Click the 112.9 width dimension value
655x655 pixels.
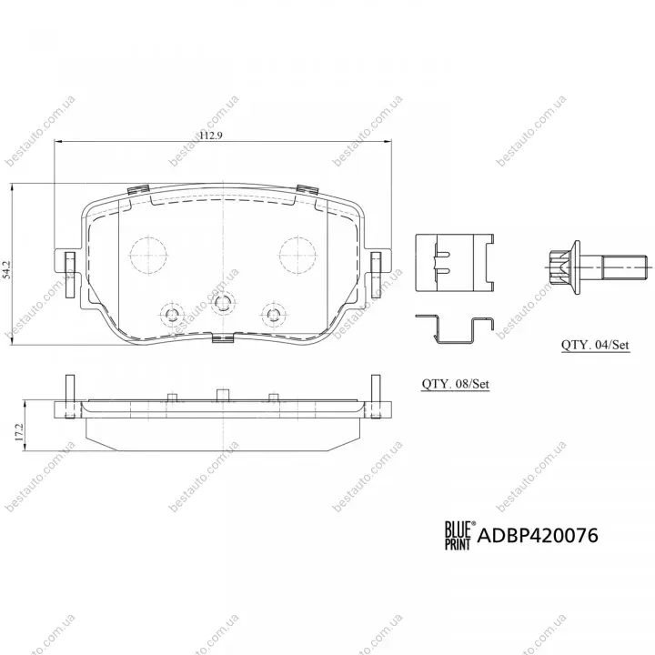[x=211, y=136]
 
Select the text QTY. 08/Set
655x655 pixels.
[x=456, y=384]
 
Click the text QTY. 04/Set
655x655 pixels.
[x=595, y=345]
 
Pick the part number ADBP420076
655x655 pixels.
[x=538, y=536]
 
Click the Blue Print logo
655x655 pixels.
[x=458, y=535]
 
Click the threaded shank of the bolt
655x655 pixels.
[x=625, y=267]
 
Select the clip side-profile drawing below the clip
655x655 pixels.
[x=455, y=330]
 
